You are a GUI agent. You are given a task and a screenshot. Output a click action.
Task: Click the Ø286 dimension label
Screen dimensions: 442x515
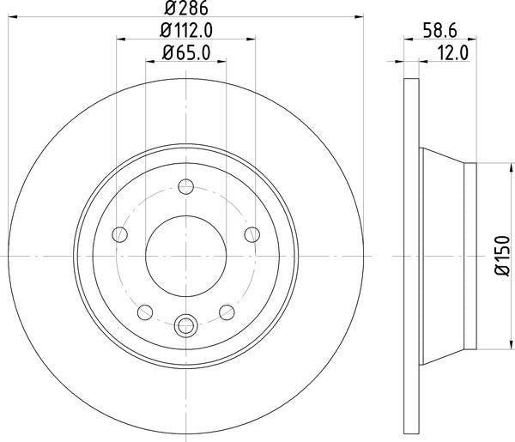(185, 9)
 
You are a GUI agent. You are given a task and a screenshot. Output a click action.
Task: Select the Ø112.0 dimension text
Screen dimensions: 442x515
(185, 31)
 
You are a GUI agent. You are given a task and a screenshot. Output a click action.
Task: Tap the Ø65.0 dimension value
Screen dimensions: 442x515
(185, 53)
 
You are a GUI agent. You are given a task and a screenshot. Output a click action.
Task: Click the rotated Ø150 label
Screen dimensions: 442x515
(500, 255)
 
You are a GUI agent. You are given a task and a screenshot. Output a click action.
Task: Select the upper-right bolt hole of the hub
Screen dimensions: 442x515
(251, 234)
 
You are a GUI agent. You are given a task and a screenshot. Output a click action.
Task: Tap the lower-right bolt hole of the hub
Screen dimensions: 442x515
(227, 311)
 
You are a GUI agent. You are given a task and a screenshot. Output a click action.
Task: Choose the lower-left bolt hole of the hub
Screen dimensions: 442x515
(146, 311)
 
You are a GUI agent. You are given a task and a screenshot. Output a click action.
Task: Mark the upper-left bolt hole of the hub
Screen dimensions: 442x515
(121, 234)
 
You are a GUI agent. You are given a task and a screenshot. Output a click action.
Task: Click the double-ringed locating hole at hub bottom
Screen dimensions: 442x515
(186, 325)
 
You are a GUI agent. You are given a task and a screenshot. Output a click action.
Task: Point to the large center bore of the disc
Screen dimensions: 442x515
(186, 256)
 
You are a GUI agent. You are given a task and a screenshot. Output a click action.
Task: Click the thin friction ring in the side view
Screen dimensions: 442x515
(410, 256)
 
